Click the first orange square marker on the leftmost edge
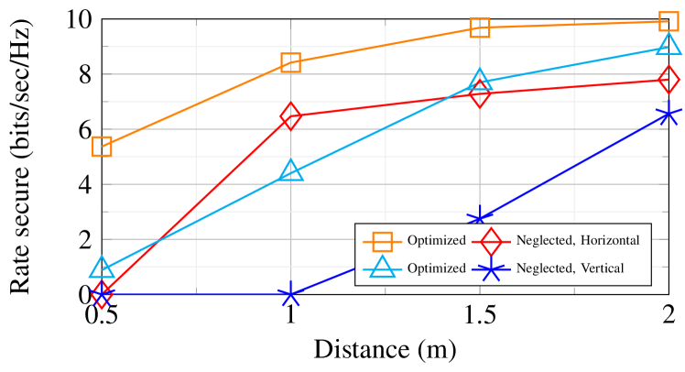(102, 147)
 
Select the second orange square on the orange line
(290, 63)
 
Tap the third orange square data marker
(479, 27)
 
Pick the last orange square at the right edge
(669, 21)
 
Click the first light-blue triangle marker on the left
(102, 268)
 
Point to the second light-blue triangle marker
(290, 170)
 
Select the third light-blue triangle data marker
(479, 81)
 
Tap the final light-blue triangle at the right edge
(669, 45)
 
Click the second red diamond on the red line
(290, 116)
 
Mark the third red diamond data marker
(479, 93)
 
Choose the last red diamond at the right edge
(669, 81)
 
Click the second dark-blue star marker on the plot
(290, 294)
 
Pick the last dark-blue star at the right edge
(669, 115)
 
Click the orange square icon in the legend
(382, 241)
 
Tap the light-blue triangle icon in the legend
(382, 268)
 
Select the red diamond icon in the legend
(491, 241)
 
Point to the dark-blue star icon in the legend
(491, 268)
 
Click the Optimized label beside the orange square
(437, 241)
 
